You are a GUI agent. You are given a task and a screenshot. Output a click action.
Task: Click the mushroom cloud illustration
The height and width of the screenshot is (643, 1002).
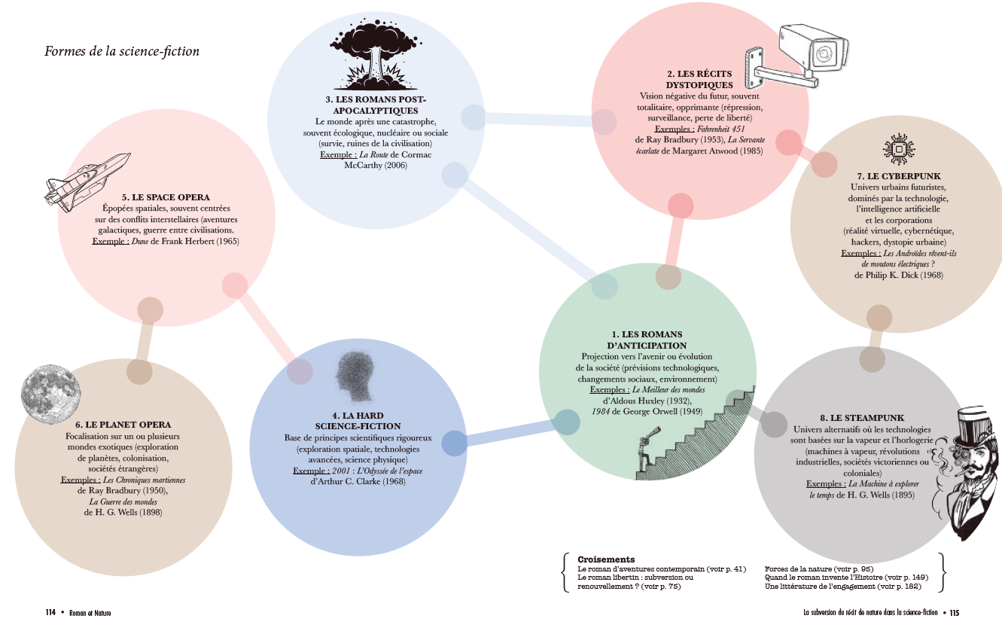[376, 55]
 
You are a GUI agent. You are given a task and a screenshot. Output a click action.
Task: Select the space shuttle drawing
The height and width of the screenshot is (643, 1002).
[87, 181]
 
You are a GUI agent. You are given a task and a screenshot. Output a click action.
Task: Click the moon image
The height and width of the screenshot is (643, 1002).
[51, 395]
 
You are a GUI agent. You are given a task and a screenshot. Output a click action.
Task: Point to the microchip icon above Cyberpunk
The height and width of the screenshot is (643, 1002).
[899, 149]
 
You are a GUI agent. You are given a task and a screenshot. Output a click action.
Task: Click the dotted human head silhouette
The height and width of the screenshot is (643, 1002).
[355, 376]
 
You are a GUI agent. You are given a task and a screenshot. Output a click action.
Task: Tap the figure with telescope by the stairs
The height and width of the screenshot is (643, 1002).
[646, 453]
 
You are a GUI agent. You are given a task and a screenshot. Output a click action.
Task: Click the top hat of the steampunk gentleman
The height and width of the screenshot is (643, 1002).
[977, 426]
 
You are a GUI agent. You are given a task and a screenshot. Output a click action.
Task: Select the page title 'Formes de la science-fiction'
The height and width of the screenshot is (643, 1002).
[122, 51]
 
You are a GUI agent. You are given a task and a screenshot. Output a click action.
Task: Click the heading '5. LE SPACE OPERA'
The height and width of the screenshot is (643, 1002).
[166, 197]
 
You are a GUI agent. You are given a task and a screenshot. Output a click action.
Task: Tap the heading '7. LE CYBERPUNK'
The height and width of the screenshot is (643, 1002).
[899, 176]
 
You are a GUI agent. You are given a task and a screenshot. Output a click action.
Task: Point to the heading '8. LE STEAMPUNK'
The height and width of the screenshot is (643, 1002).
[862, 418]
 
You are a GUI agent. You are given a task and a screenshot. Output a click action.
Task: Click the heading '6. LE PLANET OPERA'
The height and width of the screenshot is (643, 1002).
[123, 425]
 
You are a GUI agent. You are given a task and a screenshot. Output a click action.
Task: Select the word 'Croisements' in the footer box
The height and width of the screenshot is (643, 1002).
[606, 559]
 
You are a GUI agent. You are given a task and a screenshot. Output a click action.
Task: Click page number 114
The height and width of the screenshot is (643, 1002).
[50, 612]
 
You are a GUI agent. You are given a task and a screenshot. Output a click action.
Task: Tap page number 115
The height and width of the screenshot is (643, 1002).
[954, 613]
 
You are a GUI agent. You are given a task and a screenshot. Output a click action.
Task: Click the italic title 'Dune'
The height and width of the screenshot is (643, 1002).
[140, 241]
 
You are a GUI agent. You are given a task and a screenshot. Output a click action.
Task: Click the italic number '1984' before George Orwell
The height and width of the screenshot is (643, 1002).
[600, 411]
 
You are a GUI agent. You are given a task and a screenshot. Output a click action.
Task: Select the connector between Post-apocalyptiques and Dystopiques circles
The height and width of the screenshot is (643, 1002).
[538, 120]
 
